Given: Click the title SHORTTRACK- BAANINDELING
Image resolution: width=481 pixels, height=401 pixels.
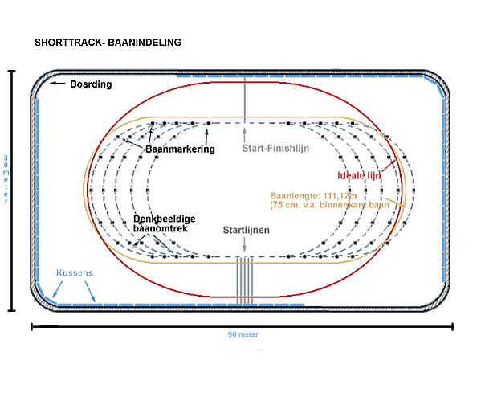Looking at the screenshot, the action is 108,43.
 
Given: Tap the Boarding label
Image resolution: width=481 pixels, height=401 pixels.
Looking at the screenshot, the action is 91,84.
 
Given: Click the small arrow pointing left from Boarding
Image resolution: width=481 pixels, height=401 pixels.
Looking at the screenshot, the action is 58,83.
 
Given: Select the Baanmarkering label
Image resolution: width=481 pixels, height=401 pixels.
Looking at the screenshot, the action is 180,149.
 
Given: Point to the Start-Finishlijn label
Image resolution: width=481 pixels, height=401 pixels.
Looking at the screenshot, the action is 275,149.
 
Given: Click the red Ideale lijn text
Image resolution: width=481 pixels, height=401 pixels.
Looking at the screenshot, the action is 359,176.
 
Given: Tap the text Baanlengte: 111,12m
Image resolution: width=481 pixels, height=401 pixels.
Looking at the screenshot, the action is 313,196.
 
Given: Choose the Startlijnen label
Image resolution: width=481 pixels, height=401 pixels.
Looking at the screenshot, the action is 246,230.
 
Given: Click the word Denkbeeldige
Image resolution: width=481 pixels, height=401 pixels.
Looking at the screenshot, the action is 165,219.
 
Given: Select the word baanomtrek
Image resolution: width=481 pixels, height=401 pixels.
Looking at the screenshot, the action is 161,228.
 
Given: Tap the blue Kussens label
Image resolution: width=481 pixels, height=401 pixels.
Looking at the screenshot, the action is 75,272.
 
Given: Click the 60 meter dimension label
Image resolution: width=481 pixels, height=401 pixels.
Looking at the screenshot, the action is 243,334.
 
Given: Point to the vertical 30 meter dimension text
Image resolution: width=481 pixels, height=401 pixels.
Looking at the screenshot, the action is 6,180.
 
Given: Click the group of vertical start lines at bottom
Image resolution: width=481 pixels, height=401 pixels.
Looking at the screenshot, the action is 244,280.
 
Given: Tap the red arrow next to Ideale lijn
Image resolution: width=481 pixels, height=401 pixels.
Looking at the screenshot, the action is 389,166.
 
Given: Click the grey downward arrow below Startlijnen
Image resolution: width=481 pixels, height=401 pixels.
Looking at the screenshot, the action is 244,244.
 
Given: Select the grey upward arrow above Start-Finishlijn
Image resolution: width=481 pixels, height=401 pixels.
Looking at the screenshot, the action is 244,135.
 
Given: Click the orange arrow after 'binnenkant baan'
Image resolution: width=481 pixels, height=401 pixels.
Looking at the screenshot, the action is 395,203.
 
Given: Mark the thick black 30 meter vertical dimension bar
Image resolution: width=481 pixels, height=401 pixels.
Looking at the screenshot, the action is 12,190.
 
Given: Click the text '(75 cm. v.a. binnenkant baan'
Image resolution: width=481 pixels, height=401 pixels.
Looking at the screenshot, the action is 329,205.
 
